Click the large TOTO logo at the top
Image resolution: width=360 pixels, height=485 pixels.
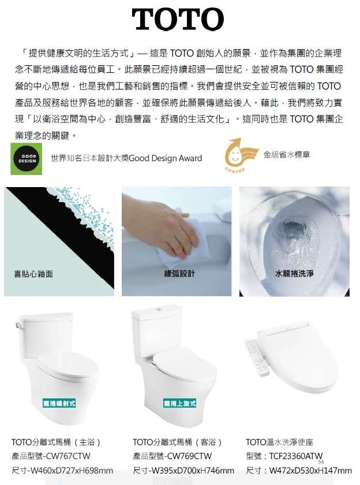(x=178, y=19)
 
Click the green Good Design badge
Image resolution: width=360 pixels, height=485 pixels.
(x=27, y=159)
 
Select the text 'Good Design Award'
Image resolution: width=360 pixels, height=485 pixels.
(x=166, y=158)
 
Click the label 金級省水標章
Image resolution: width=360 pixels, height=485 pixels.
(x=287, y=155)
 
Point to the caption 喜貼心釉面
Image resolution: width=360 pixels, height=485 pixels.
(x=33, y=274)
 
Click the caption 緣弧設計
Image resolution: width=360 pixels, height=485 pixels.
(x=179, y=274)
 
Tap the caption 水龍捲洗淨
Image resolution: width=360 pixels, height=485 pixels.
(x=294, y=274)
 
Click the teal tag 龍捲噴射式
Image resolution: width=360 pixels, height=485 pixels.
(x=59, y=404)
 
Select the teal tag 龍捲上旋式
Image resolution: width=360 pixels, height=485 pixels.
(x=179, y=404)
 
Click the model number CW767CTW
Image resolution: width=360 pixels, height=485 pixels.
(x=68, y=456)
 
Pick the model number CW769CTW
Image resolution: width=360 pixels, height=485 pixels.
(x=189, y=456)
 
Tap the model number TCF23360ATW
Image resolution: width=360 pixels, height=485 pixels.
(x=296, y=456)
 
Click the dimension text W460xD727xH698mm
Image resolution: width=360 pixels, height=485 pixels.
(x=72, y=471)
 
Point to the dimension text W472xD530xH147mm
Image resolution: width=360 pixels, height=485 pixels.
(x=310, y=471)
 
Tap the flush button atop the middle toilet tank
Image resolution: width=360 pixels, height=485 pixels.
(x=159, y=309)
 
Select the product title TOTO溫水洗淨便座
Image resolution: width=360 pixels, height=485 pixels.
(x=279, y=442)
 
